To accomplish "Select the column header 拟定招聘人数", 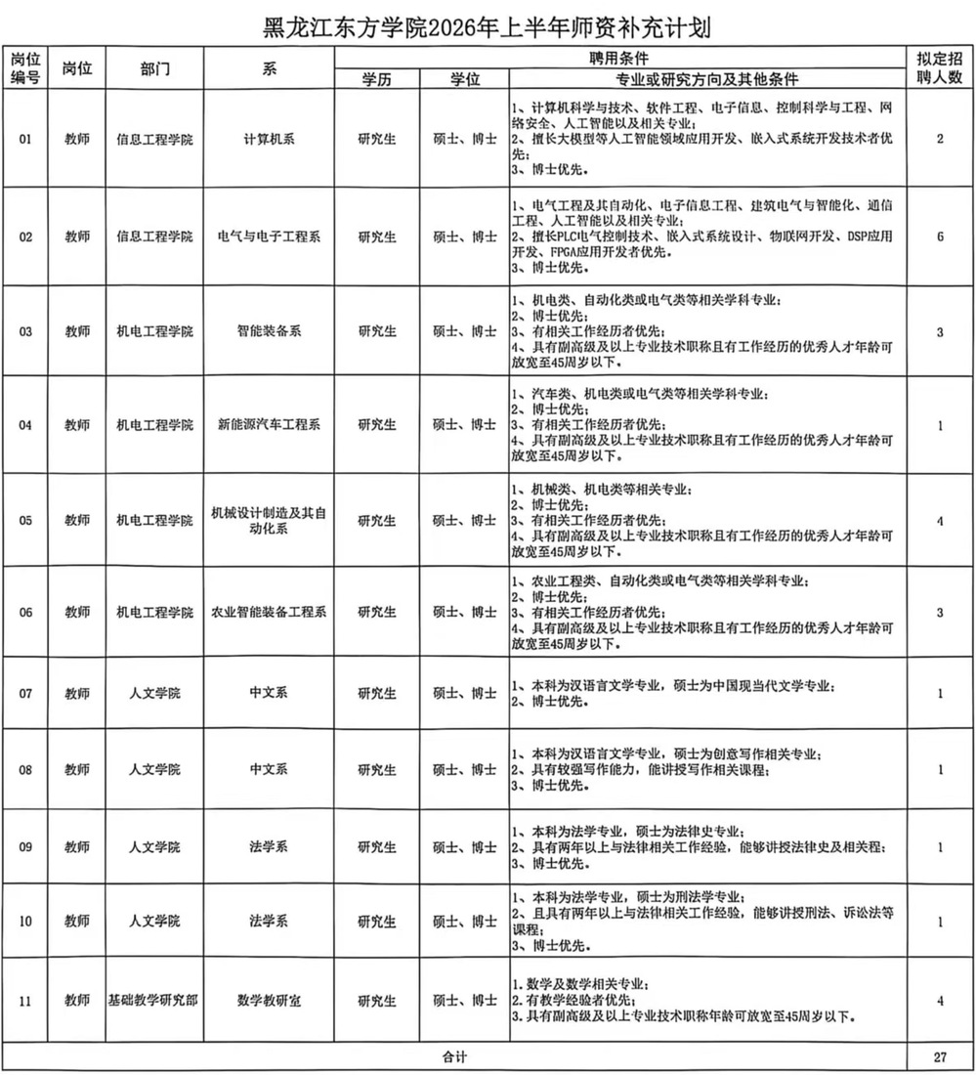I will [940, 68].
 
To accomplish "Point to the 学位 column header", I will [464, 79].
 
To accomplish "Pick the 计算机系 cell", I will [269, 140].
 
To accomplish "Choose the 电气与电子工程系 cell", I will [269, 236].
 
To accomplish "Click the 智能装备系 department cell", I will [269, 331].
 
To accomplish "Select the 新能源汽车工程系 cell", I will [269, 425].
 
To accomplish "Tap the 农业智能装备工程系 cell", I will [269, 613].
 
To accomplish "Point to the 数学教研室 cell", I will [269, 1002].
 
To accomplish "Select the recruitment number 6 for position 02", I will [940, 236].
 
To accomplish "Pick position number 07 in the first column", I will [26, 694].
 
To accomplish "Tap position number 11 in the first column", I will [26, 1002].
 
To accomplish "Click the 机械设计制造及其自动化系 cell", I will [269, 520].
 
